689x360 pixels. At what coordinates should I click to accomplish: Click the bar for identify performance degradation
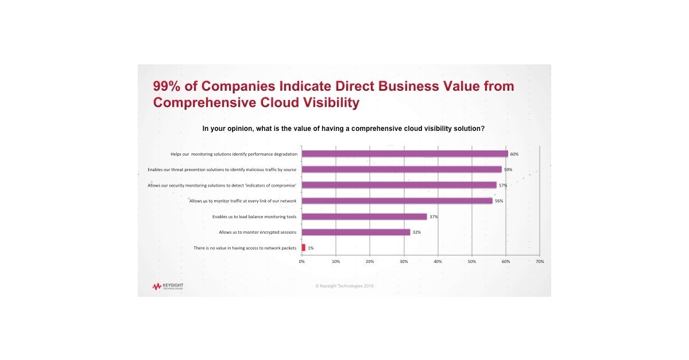[405, 154]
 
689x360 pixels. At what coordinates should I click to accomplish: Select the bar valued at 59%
[401, 169]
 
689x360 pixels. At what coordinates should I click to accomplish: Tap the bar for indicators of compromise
[399, 185]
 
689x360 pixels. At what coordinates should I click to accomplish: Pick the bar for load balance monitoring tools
[364, 216]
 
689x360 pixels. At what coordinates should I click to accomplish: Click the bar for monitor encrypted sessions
[355, 232]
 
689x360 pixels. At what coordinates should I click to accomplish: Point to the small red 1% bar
[304, 247]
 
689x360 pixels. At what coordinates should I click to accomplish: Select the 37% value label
[433, 217]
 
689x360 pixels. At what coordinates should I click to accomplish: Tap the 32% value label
[417, 233]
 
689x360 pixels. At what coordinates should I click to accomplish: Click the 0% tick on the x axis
[302, 262]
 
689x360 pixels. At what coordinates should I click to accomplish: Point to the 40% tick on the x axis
[438, 262]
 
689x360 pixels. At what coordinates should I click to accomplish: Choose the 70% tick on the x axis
[540, 262]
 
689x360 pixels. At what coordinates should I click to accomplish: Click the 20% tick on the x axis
[370, 262]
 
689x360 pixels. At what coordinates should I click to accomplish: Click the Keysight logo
[168, 286]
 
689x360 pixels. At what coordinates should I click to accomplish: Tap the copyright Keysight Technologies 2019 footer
[344, 285]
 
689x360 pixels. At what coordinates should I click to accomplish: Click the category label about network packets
[245, 248]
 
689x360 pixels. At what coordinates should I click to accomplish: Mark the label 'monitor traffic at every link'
[243, 201]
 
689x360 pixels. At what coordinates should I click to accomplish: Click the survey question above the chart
[343, 129]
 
